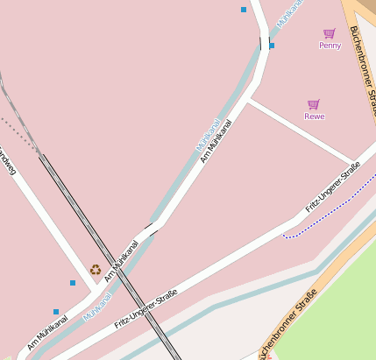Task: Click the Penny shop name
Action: [330, 46]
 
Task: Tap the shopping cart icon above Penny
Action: [330, 33]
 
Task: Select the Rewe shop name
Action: [315, 116]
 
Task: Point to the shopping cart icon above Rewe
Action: [314, 104]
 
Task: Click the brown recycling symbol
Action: [96, 270]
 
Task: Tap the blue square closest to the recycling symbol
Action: [73, 282]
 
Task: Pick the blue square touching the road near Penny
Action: [272, 45]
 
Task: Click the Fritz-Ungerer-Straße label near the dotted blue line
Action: [333, 188]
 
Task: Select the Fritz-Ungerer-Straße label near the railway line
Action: [145, 308]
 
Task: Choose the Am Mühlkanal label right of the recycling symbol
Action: [122, 261]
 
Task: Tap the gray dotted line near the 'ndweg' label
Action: [18, 131]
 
